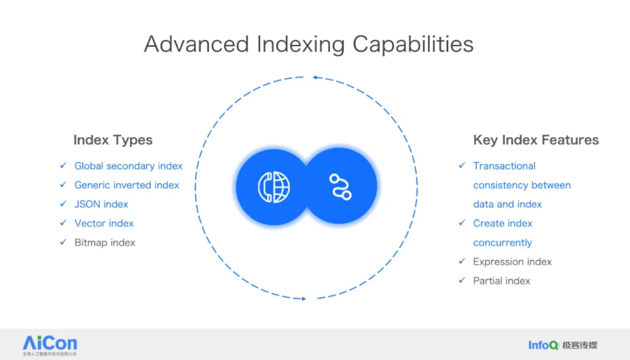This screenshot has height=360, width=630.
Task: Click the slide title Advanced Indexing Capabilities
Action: click(308, 44)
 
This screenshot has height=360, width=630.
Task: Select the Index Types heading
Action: click(113, 140)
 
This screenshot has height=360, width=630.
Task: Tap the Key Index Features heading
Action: click(536, 140)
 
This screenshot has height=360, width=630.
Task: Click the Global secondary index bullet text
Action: click(129, 166)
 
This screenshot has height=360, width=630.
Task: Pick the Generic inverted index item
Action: click(127, 185)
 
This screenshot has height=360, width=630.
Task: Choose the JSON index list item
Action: click(101, 204)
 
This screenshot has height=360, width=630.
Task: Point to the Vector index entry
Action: click(104, 223)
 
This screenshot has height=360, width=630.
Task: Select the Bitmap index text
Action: click(105, 243)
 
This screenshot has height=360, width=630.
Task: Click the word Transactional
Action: click(504, 166)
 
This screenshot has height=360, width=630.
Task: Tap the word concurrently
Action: click(502, 243)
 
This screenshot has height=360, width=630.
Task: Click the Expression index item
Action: click(513, 261)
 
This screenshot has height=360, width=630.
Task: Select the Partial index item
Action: click(501, 280)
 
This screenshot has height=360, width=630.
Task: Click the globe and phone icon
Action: click(273, 187)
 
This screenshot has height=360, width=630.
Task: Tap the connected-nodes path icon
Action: click(341, 187)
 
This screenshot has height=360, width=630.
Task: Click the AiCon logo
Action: click(50, 344)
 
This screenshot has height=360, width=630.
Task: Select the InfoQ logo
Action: click(543, 345)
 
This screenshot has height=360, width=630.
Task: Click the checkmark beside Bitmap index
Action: click(62, 243)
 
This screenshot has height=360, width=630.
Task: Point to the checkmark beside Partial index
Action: click(461, 280)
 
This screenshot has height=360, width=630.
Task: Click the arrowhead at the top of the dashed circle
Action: click(316, 78)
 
